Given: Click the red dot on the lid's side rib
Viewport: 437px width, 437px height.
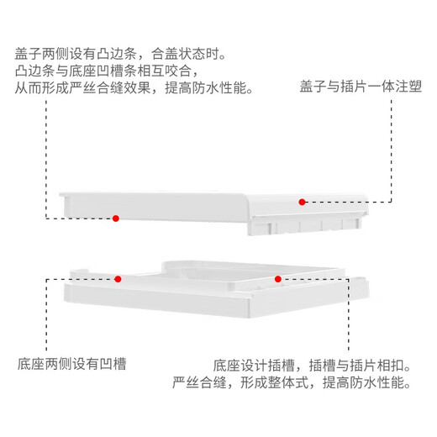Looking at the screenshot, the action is click(116, 218).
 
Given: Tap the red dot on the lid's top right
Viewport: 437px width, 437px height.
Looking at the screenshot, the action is click(302, 202).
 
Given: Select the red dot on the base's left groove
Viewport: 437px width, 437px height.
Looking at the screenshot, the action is click(118, 279).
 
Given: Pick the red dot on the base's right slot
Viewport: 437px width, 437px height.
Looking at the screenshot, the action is click(278, 279).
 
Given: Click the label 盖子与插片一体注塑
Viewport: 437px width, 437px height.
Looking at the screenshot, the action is click(361, 86).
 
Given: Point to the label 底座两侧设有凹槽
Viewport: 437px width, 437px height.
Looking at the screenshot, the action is click(71, 364).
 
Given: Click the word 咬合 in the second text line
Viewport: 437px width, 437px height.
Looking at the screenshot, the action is click(178, 71).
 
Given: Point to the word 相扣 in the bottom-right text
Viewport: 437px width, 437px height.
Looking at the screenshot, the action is click(391, 366).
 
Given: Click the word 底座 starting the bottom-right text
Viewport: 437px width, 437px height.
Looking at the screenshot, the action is click(227, 366).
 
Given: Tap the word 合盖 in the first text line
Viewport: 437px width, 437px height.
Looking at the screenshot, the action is click(165, 54).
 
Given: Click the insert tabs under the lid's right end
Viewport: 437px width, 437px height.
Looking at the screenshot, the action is click(305, 224).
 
